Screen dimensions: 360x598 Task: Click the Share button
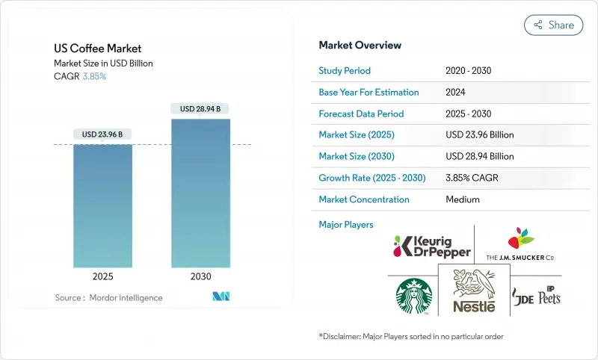click(x=553, y=25)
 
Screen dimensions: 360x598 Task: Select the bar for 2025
click(x=102, y=205)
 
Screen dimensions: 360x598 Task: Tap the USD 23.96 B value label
click(x=102, y=134)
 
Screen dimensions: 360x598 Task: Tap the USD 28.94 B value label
click(x=200, y=109)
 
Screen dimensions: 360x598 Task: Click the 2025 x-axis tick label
click(x=102, y=276)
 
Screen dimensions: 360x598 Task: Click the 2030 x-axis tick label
click(x=200, y=276)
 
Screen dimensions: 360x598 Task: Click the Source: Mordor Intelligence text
click(x=108, y=298)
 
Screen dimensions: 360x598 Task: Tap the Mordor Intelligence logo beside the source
click(x=221, y=297)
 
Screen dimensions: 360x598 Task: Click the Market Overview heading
click(x=360, y=46)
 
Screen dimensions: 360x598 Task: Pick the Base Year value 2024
click(x=455, y=93)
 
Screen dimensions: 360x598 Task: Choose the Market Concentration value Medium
click(x=462, y=200)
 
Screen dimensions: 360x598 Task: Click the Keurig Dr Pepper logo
click(x=432, y=246)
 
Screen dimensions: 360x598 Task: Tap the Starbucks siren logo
click(x=413, y=296)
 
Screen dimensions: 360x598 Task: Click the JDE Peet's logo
click(x=537, y=296)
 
